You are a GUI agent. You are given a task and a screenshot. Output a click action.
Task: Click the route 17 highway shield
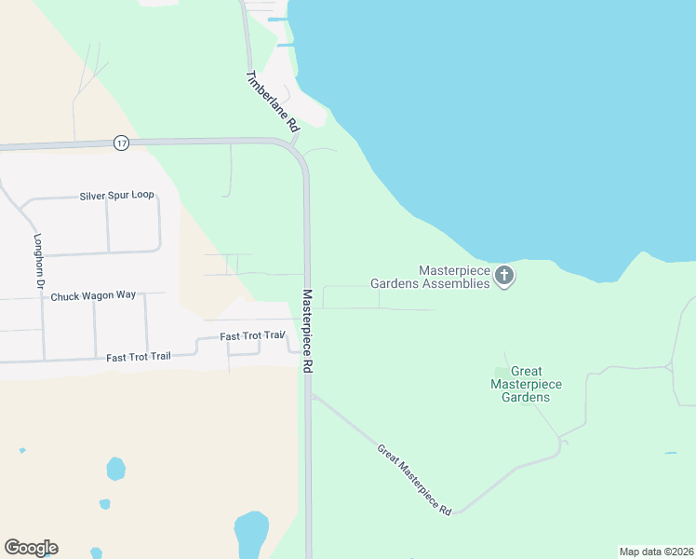(121, 143)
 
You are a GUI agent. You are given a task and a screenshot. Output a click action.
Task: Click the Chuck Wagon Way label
(93, 296)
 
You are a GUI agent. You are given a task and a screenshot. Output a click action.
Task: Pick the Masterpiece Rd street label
(307, 332)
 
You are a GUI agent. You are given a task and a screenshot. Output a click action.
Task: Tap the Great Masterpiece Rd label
(414, 480)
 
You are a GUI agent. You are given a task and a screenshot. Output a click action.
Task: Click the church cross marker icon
(504, 275)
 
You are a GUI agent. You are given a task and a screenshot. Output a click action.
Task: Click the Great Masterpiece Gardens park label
(527, 384)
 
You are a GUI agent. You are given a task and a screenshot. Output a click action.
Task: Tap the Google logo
(31, 548)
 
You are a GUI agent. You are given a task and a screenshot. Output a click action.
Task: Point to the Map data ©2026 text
(656, 552)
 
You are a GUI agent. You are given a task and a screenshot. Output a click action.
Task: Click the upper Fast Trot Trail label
(251, 335)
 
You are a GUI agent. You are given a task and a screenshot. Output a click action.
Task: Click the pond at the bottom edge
(251, 534)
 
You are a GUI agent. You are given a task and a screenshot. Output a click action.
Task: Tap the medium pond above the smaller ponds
(115, 468)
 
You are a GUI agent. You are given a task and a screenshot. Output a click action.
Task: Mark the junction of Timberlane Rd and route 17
(292, 144)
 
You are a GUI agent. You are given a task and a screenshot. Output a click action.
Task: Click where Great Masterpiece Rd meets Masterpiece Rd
(312, 395)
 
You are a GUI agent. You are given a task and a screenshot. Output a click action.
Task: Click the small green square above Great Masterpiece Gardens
(501, 373)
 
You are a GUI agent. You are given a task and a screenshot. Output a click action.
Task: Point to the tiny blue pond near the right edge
(671, 454)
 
